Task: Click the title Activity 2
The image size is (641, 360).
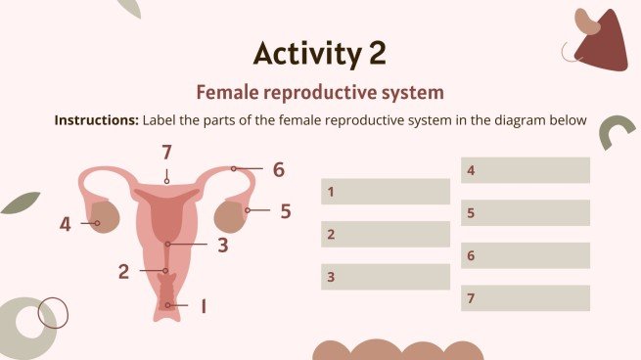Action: (x=320, y=52)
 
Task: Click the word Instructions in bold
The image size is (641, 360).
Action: (x=97, y=121)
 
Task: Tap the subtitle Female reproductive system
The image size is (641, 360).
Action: (x=320, y=92)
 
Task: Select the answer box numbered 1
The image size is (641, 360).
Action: (x=386, y=192)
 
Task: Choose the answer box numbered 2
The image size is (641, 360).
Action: (x=386, y=234)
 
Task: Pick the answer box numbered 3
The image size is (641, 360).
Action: (x=386, y=277)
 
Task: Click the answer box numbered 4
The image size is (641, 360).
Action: (x=526, y=170)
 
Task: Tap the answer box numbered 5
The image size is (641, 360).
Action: (x=526, y=212)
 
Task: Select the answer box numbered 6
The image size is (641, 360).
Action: (x=526, y=255)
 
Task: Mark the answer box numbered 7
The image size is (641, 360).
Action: (x=526, y=298)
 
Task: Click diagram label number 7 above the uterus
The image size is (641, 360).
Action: (x=167, y=152)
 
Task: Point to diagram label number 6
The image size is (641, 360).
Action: (x=279, y=170)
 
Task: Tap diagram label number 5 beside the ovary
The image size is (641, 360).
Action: (x=286, y=210)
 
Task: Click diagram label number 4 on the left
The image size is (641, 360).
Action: (x=66, y=224)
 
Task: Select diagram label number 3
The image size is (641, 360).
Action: (x=223, y=246)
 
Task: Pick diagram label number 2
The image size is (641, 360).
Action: (x=124, y=271)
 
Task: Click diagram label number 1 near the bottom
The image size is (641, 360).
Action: (x=203, y=306)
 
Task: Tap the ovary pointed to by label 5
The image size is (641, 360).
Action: (x=231, y=213)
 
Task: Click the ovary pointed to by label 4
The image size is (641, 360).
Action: (x=107, y=217)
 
